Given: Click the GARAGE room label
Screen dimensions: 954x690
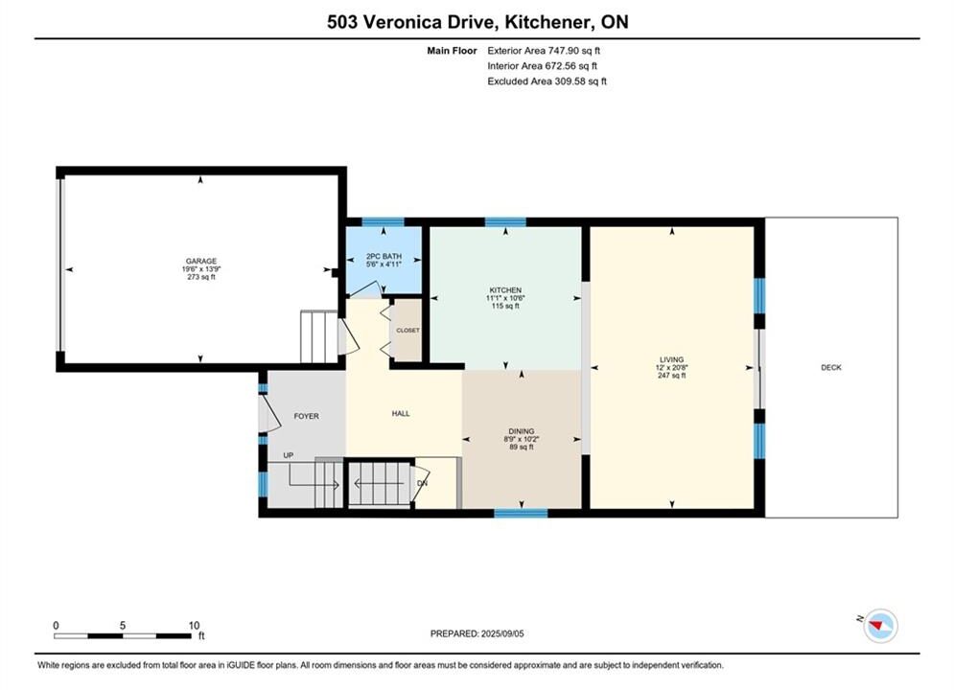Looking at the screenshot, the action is click(200, 262).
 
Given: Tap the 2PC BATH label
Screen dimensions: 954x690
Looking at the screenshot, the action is click(384, 257).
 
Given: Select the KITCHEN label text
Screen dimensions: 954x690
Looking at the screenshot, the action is click(505, 290).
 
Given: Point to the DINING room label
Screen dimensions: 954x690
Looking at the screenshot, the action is click(522, 431).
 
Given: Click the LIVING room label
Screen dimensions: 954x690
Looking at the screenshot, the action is click(672, 360).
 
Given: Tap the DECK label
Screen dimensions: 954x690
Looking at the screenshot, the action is click(831, 367).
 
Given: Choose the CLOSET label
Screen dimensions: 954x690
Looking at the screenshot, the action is click(407, 331).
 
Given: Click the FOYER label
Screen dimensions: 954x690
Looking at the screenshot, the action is click(306, 417).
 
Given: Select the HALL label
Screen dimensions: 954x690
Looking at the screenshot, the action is click(401, 413).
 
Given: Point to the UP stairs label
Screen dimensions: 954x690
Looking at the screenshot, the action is click(289, 455).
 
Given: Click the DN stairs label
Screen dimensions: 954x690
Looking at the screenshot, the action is click(422, 483).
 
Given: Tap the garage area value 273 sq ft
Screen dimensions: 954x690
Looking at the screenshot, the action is click(201, 277).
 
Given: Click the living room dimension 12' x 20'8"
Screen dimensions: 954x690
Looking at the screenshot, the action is click(672, 368).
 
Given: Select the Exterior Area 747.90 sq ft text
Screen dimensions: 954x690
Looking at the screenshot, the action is click(544, 51).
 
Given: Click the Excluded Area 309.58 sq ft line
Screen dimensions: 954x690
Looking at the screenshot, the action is click(547, 81).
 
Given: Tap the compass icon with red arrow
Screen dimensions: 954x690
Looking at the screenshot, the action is click(880, 625).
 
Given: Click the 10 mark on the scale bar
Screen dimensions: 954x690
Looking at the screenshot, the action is click(194, 626).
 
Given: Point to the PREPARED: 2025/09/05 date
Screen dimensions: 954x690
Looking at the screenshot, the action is click(477, 633).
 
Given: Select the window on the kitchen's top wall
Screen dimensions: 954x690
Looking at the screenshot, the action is click(505, 222).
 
